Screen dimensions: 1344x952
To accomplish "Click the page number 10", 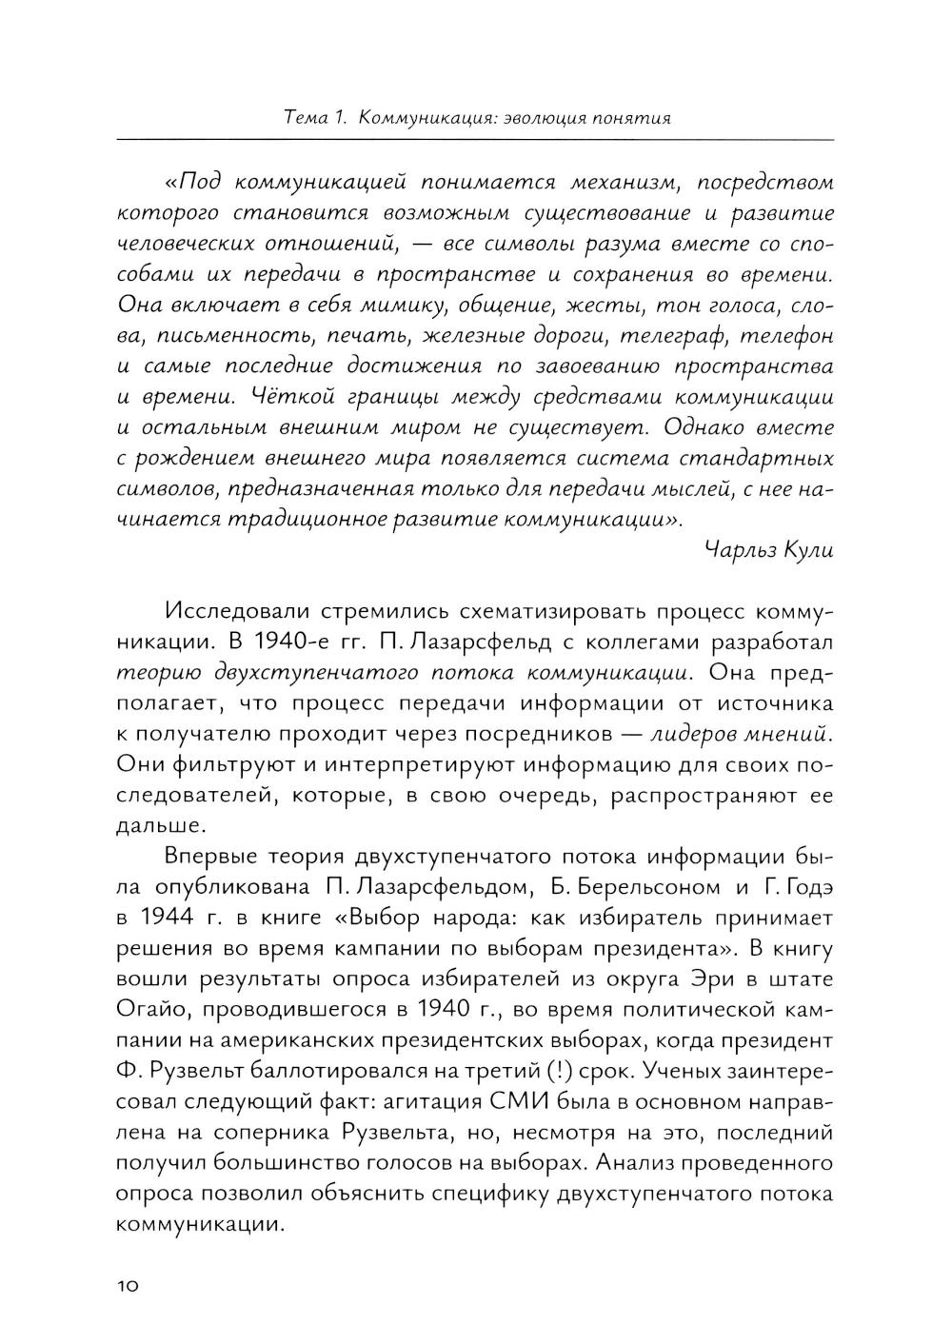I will click(128, 1285).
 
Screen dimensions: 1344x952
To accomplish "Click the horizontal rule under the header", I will click(475, 139).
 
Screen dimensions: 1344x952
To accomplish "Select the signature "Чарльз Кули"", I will click(770, 550).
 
